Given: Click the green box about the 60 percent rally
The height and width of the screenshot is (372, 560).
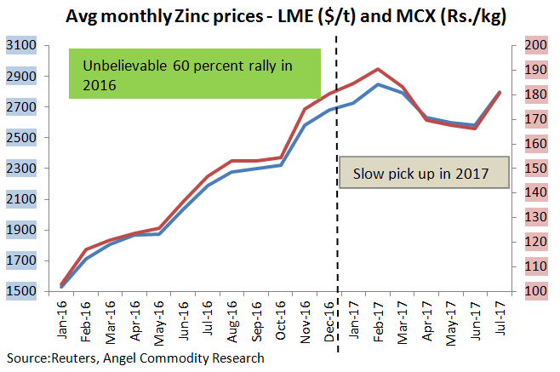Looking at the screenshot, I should pyautogui.click(x=195, y=74).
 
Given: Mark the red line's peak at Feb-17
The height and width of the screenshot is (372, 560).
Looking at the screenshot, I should pyautogui.click(x=378, y=69).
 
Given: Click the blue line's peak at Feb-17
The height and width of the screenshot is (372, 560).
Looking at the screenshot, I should pyautogui.click(x=378, y=84).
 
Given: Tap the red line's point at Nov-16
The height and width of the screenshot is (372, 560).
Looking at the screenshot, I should pyautogui.click(x=305, y=109).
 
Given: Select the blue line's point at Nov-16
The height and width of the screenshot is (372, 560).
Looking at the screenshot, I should pyautogui.click(x=305, y=125).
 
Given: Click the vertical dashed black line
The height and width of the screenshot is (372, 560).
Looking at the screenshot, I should pyautogui.click(x=340, y=213).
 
